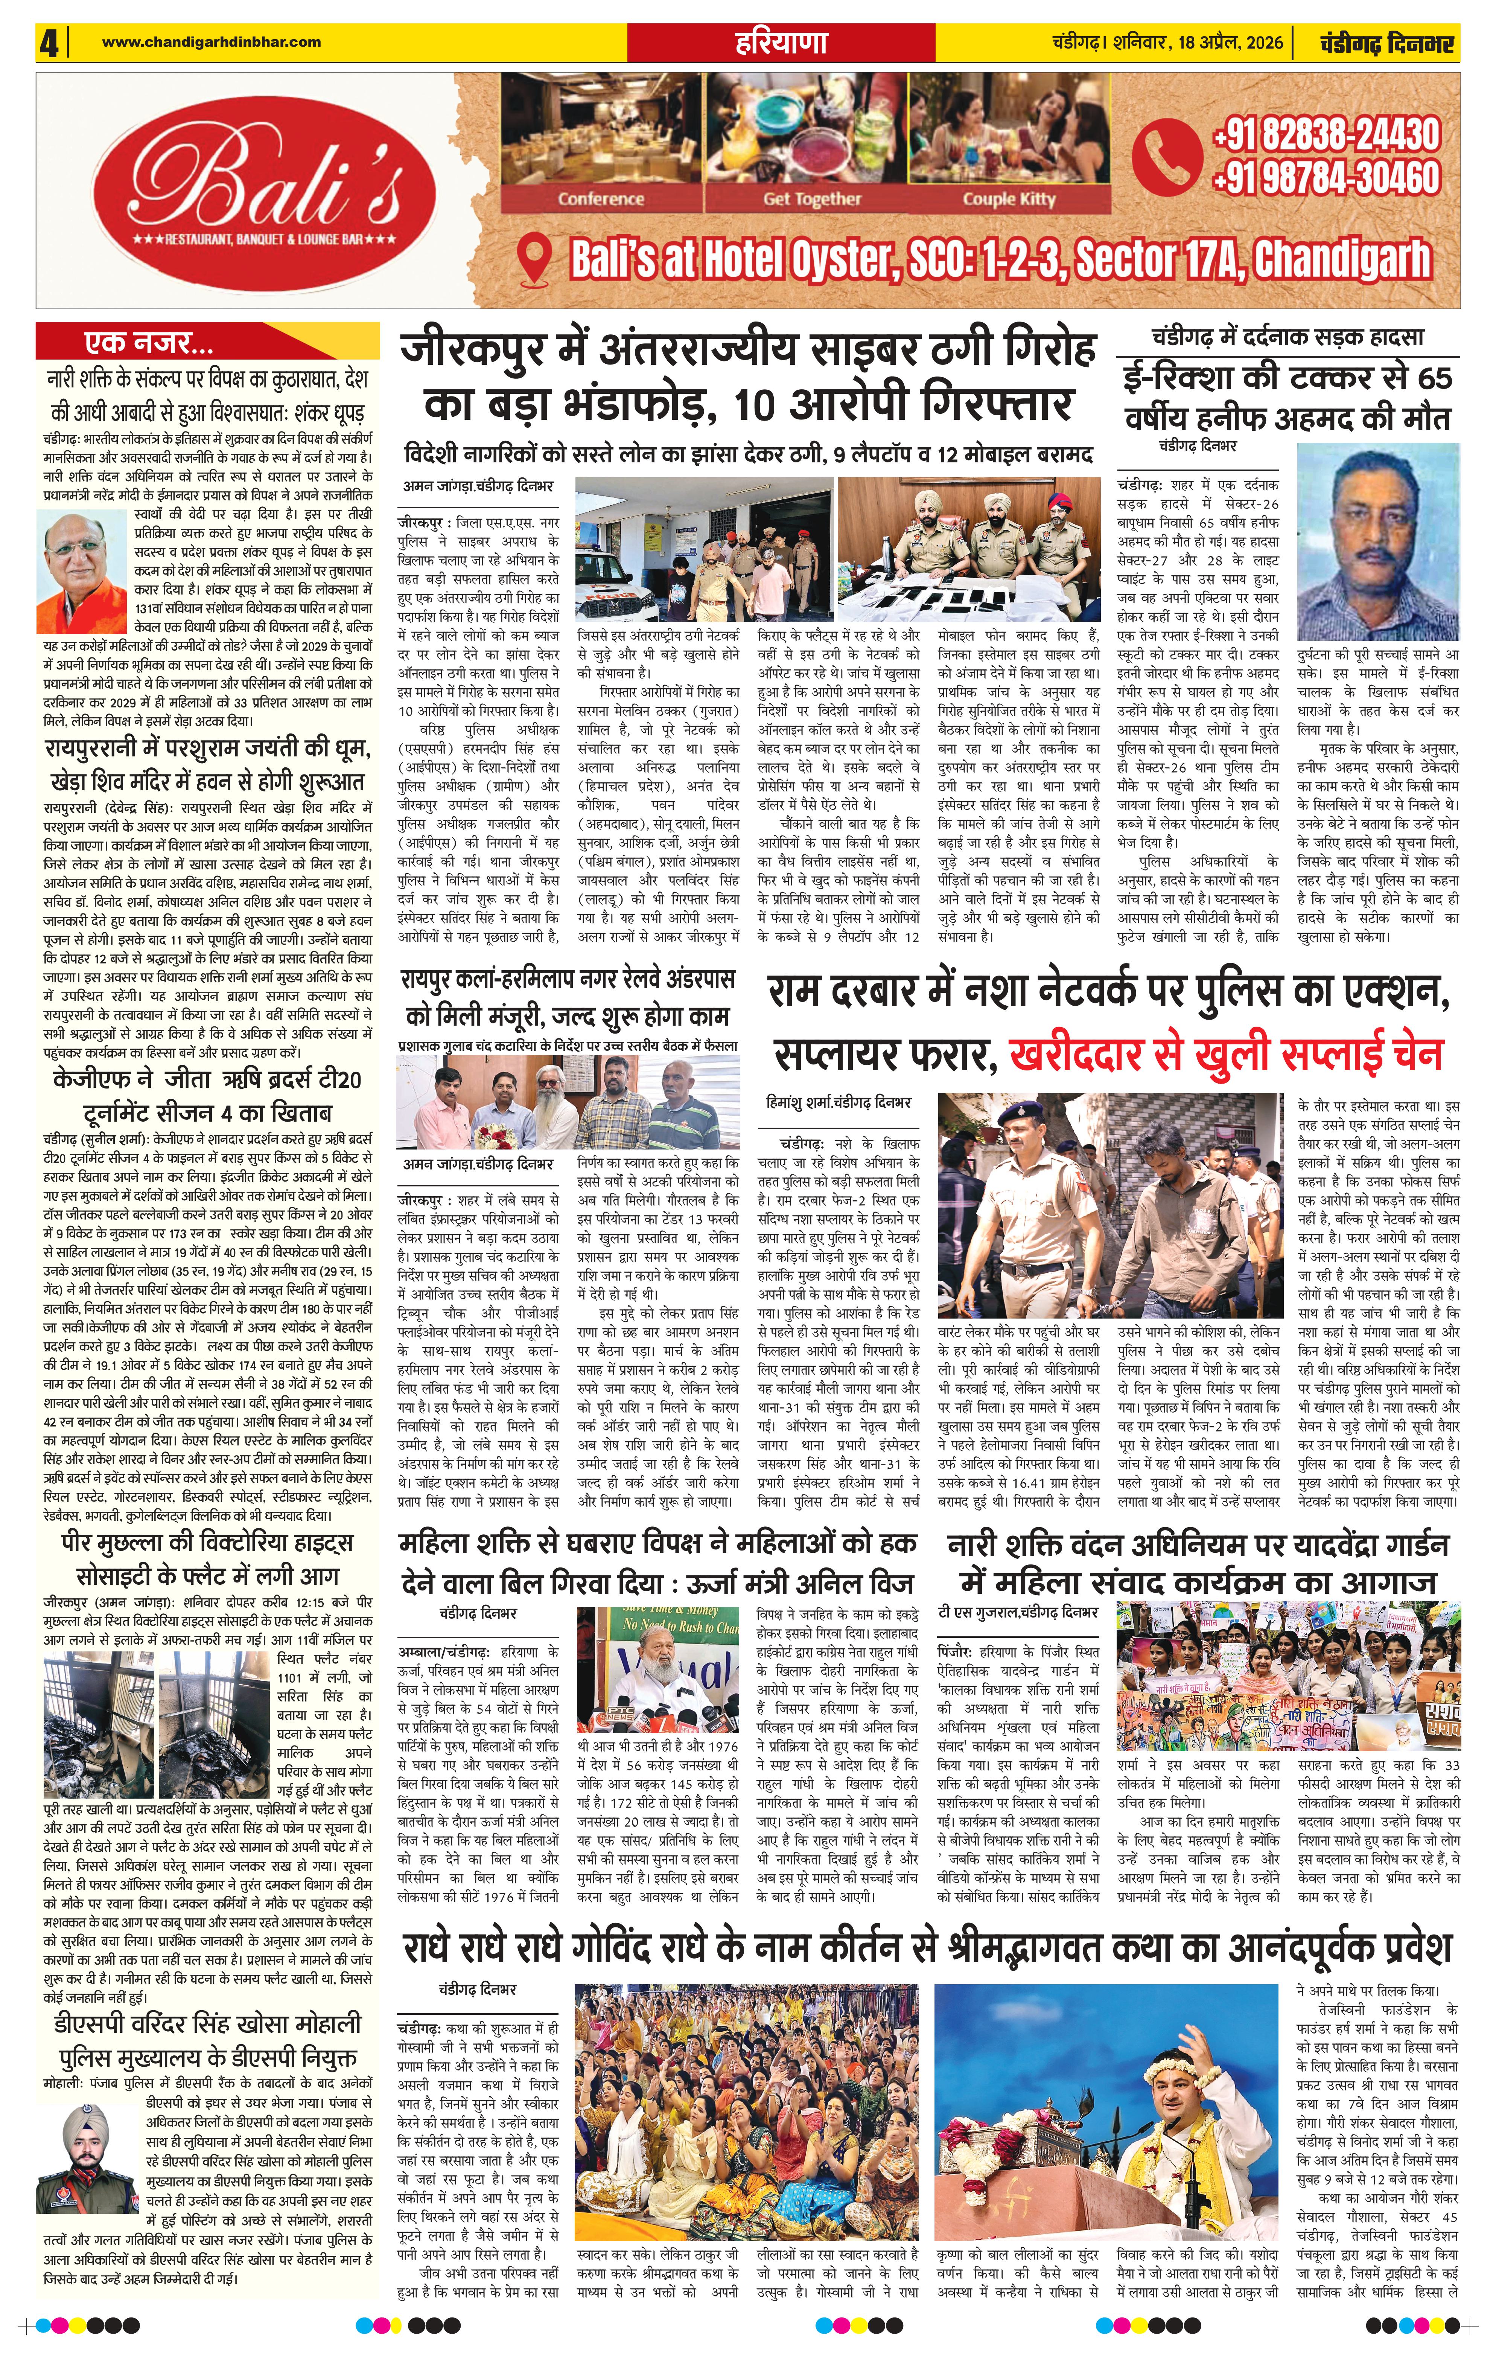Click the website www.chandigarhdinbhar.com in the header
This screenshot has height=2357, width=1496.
pyautogui.click(x=212, y=41)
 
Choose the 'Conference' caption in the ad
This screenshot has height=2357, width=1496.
pyautogui.click(x=601, y=199)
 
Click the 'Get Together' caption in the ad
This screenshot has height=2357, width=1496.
pyautogui.click(x=812, y=199)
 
